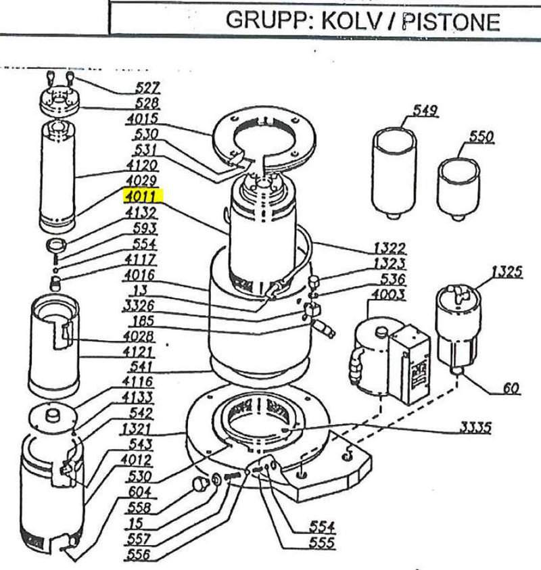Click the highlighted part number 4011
(140, 197)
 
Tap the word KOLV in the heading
(358, 21)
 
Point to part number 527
(148, 87)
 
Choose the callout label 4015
(142, 119)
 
